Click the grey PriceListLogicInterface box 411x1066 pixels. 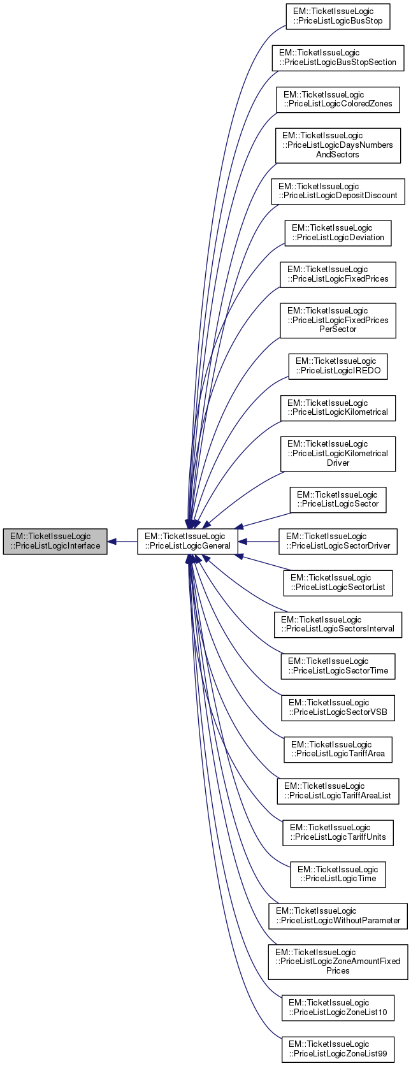(x=55, y=541)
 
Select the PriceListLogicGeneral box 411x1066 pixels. (x=187, y=541)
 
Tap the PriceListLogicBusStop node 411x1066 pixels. (x=338, y=17)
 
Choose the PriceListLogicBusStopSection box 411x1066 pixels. (x=338, y=57)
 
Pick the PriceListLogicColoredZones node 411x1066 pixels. (x=338, y=99)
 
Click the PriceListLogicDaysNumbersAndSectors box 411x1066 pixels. (x=338, y=145)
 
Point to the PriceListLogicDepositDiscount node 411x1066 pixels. (x=338, y=191)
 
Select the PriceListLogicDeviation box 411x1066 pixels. (x=338, y=233)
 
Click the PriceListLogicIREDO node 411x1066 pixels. (x=338, y=366)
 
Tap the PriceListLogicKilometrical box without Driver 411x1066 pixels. (x=338, y=408)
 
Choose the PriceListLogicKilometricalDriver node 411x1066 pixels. (x=338, y=454)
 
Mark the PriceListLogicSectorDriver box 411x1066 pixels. (x=338, y=541)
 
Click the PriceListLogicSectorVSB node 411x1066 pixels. (x=338, y=707)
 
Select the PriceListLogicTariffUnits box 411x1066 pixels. (x=338, y=832)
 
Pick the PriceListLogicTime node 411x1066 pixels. (x=338, y=874)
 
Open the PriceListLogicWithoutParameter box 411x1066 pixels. (x=338, y=916)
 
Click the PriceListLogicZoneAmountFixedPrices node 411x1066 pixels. (x=338, y=962)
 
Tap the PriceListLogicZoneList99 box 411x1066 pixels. (x=338, y=1049)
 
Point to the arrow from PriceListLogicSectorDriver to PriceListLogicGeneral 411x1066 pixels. (x=258, y=541)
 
